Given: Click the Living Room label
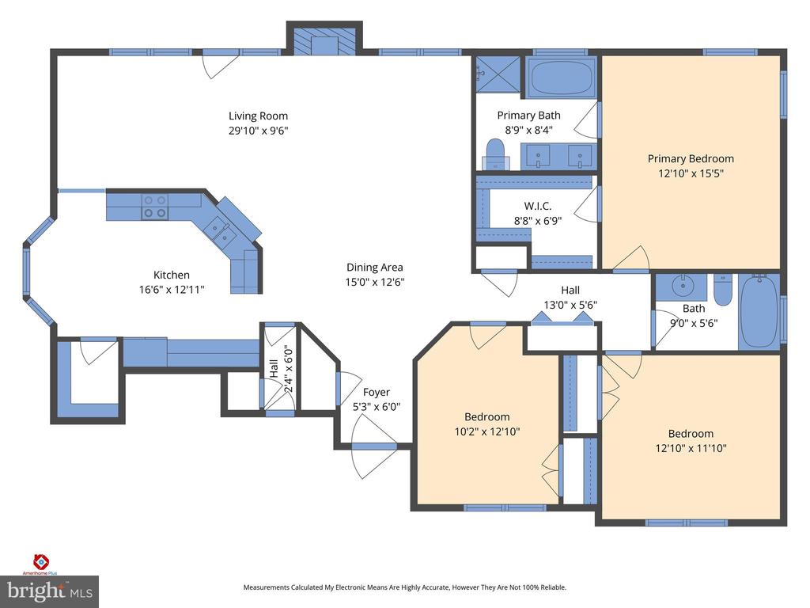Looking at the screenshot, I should point(259,116).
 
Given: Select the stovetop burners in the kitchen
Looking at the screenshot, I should point(154,207).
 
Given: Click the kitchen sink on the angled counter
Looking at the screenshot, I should point(219,231).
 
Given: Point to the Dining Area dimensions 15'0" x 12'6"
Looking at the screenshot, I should point(375,282).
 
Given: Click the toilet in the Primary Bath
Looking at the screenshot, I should point(495,153).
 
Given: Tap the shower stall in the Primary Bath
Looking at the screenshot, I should point(498,76).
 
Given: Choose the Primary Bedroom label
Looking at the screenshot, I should point(691,158).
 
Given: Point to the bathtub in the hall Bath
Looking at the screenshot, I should point(759,310).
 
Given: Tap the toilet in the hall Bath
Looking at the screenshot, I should point(722,291).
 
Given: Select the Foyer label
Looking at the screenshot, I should point(376,392).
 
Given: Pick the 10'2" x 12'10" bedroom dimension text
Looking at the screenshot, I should point(486,431).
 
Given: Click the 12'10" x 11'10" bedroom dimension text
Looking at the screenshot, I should point(691,448).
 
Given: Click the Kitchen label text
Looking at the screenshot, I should point(171,275).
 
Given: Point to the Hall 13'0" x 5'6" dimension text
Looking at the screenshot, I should point(570,304).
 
